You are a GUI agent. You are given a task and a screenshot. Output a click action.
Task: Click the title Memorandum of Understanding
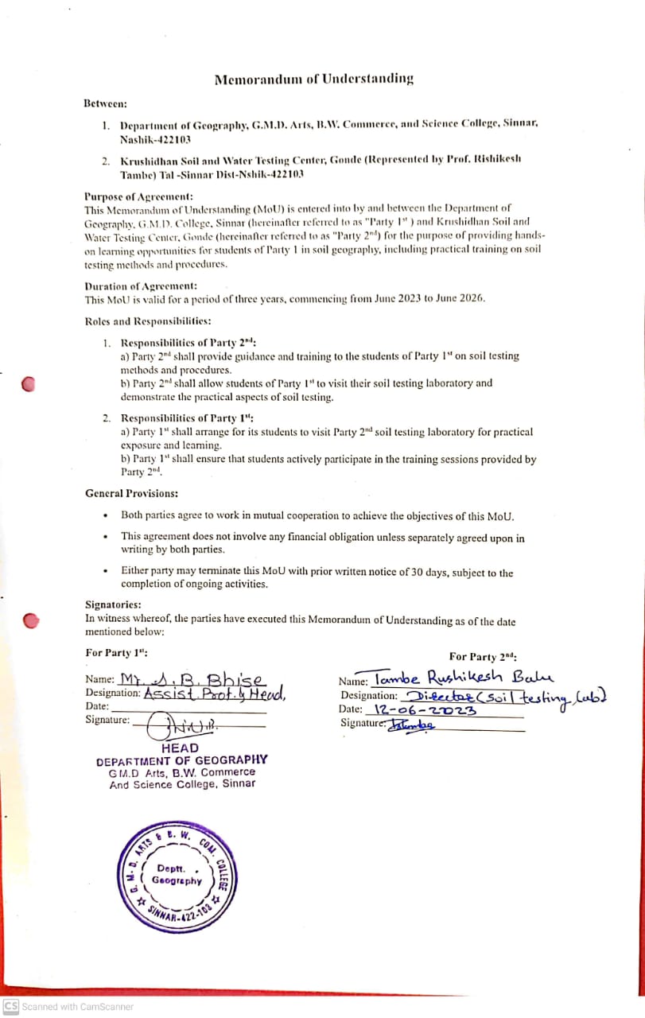click(x=314, y=79)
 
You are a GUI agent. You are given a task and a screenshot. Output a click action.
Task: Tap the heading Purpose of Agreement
click(x=138, y=196)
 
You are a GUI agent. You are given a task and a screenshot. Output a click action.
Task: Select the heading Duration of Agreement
click(x=141, y=286)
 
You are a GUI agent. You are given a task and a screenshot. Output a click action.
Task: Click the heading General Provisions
click(x=131, y=494)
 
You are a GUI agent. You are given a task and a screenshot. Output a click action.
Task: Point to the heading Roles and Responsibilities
click(x=148, y=321)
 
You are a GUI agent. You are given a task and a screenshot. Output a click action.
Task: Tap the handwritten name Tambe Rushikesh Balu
click(x=462, y=679)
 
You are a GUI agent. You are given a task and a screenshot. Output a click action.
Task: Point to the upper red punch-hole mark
click(x=29, y=384)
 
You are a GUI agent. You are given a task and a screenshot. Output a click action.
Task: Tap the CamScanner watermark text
click(x=68, y=1007)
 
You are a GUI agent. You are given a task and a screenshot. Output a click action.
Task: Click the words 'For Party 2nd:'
click(x=483, y=657)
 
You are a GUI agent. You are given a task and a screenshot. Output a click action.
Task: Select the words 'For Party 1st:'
click(x=116, y=653)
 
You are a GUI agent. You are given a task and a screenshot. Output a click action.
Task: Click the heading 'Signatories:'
click(x=113, y=604)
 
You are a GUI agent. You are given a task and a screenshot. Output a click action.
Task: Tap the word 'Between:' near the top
click(x=105, y=103)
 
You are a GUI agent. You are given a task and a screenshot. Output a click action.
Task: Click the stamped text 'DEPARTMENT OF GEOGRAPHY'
click(x=182, y=760)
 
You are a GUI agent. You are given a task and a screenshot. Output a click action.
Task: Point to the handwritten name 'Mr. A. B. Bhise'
click(x=192, y=680)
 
